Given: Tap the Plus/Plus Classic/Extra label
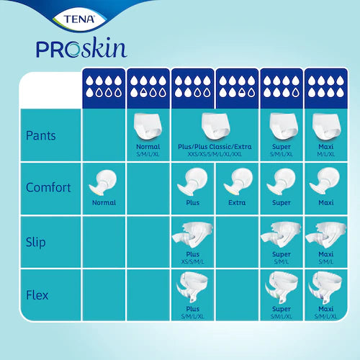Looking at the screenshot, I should tap(215, 147).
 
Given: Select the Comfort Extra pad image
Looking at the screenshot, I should tap(237, 182).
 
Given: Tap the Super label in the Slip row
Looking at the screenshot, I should tap(281, 253).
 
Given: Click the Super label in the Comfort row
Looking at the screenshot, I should tap(281, 202).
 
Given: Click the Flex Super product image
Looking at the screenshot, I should tap(281, 289).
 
